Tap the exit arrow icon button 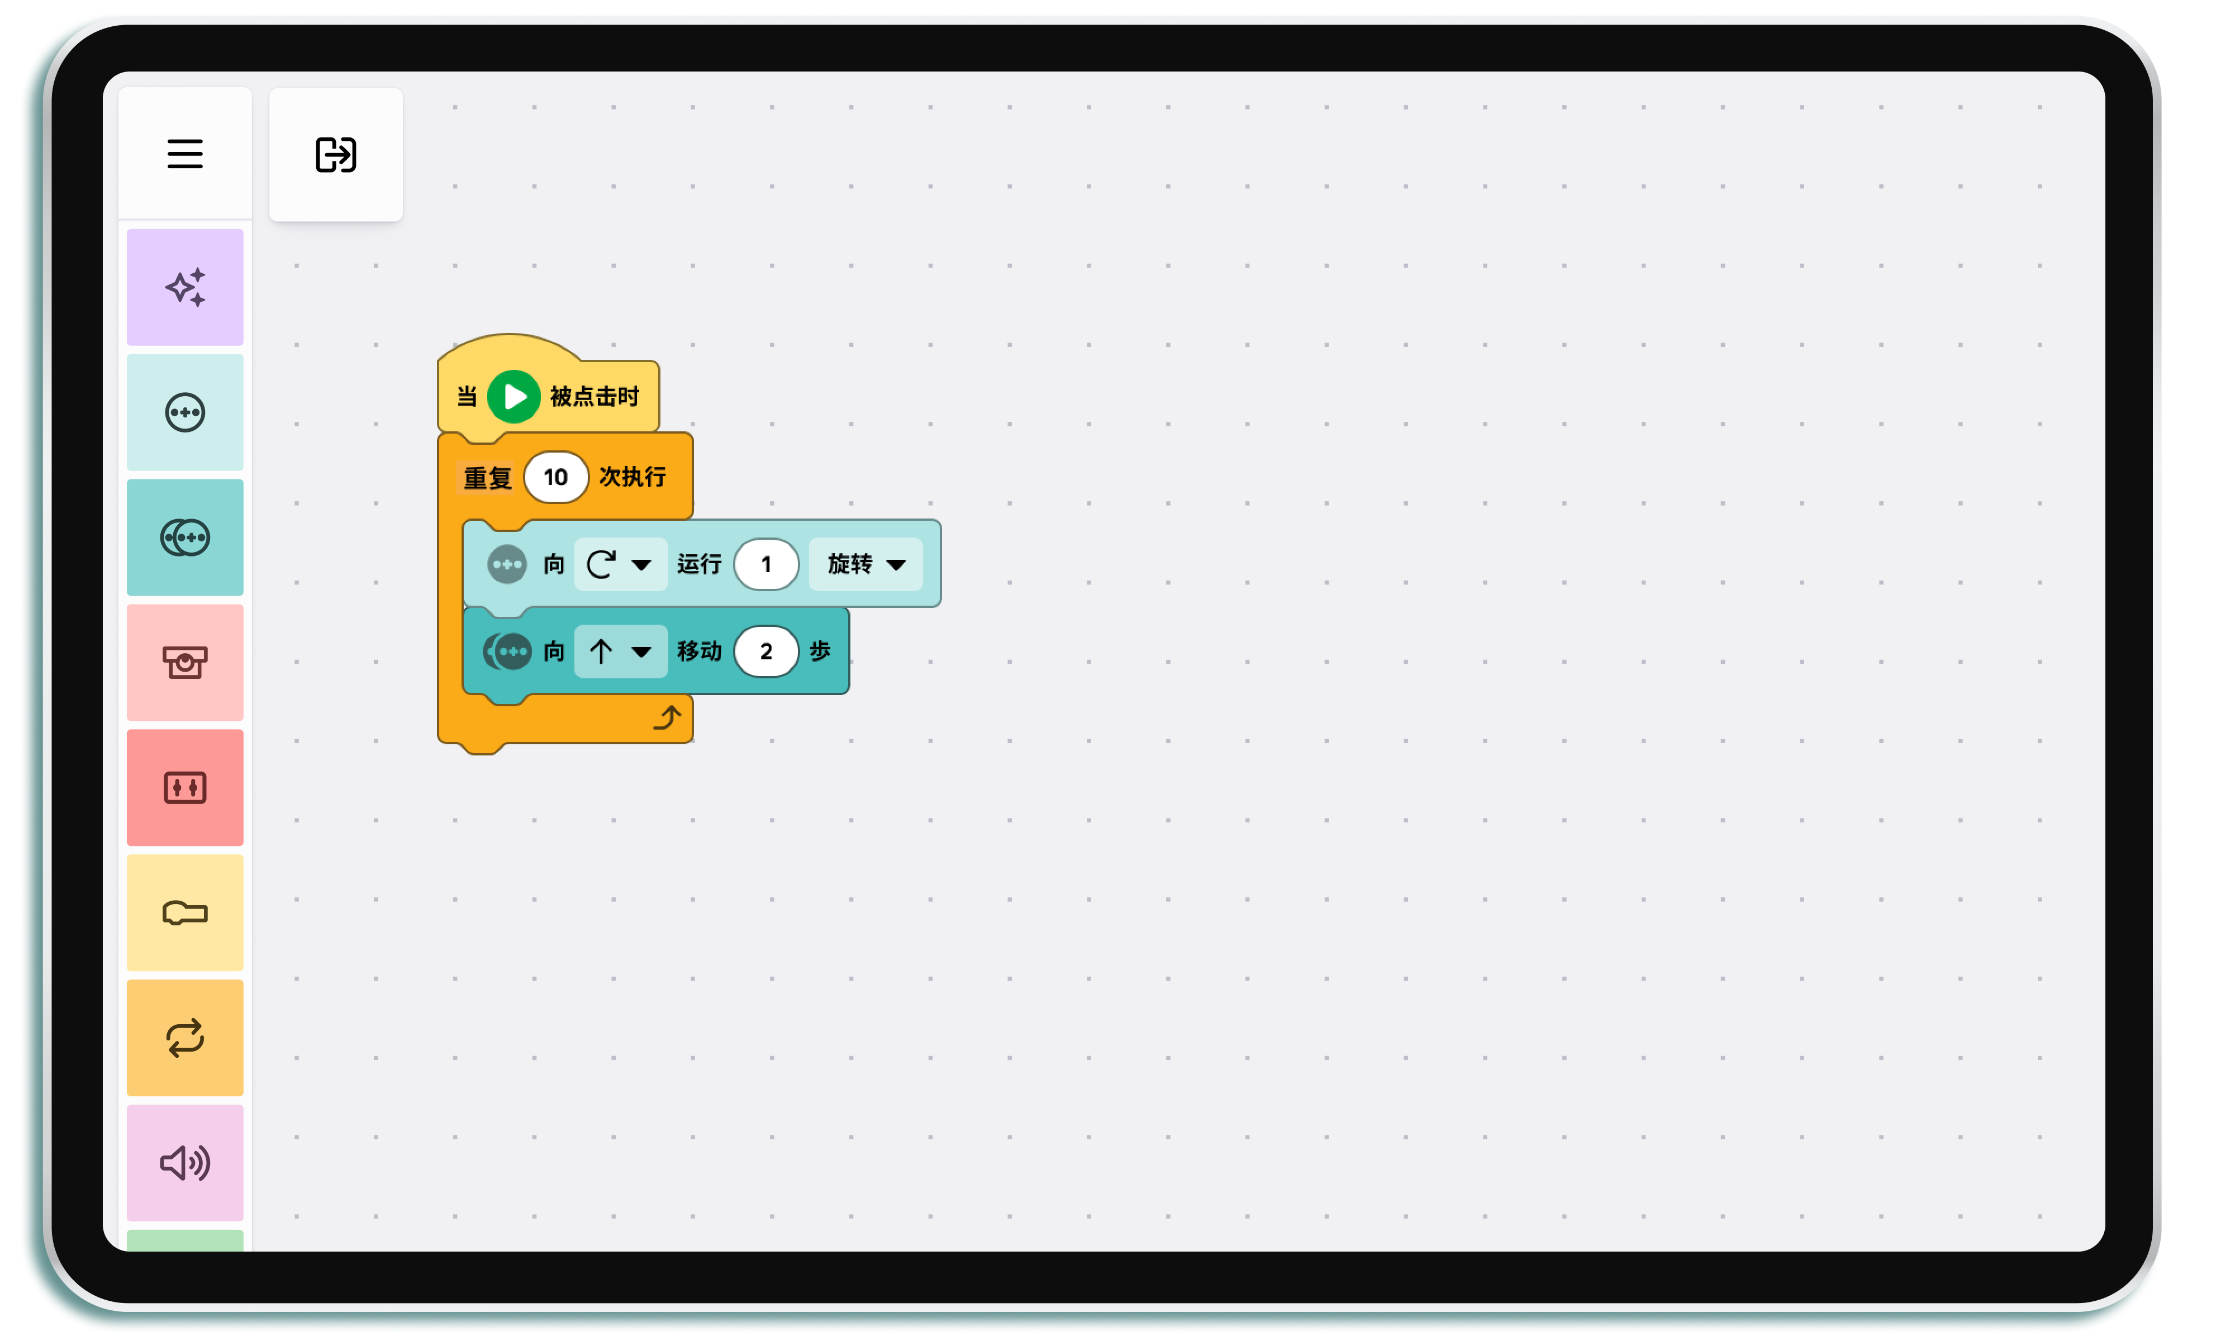point(335,155)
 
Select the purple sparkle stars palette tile point(184,287)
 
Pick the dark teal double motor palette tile point(184,537)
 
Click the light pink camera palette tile point(184,662)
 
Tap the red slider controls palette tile point(184,787)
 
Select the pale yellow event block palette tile point(184,912)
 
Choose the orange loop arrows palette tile point(184,1038)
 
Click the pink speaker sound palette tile point(184,1163)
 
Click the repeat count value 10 point(555,477)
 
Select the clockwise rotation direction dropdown point(620,564)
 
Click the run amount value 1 point(766,564)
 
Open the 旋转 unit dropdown point(866,564)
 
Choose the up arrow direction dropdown point(620,650)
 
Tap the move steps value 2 point(766,650)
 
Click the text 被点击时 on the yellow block point(595,396)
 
